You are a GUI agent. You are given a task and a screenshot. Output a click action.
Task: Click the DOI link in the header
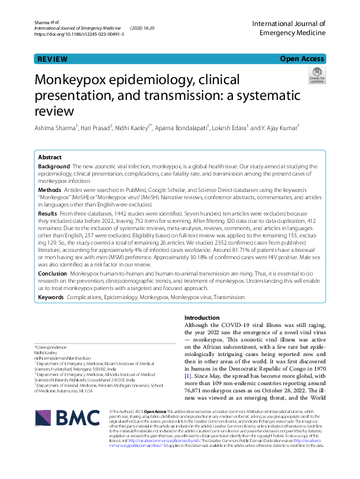tap(79, 35)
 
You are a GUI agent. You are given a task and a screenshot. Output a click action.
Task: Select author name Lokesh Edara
tap(233, 128)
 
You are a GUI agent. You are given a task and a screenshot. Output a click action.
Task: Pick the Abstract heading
tap(50, 157)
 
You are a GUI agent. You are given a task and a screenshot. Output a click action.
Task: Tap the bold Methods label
tap(49, 190)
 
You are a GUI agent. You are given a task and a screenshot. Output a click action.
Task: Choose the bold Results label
tap(48, 214)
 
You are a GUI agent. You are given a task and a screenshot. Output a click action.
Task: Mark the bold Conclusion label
tap(53, 273)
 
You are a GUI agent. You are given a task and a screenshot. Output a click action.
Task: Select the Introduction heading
tap(202, 318)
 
